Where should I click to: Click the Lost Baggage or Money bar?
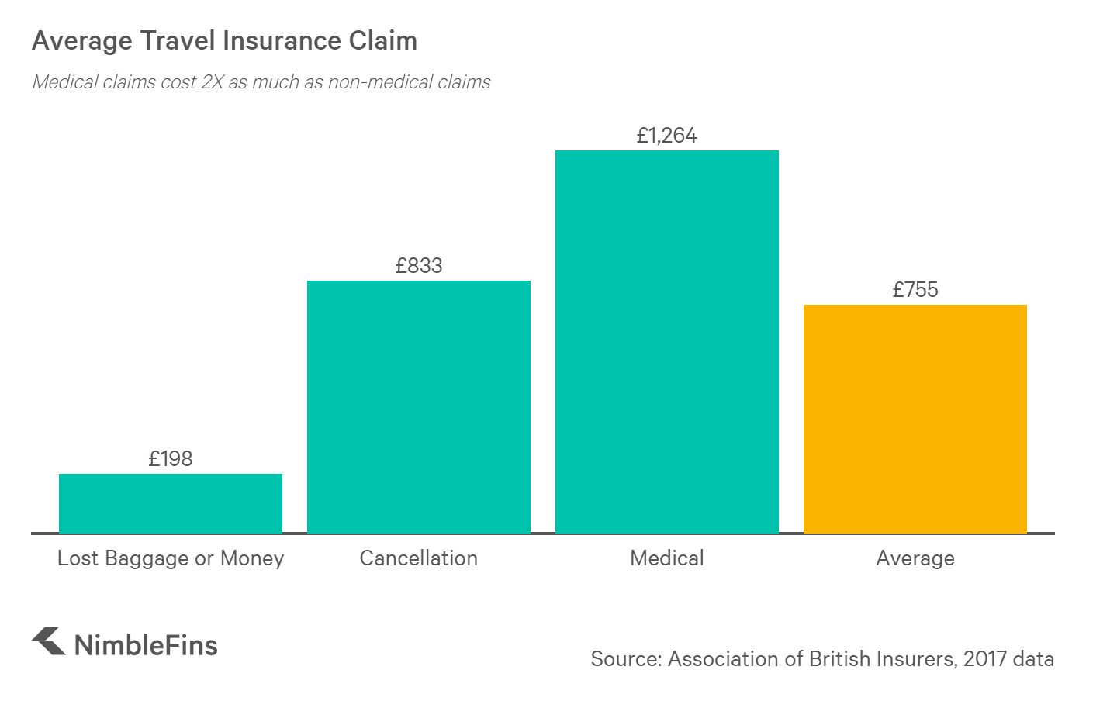[x=171, y=503]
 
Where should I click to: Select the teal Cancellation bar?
[x=419, y=406]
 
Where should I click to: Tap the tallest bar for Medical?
[x=667, y=341]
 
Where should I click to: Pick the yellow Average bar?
[x=915, y=419]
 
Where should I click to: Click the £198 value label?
[x=171, y=459]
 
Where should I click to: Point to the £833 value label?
[x=419, y=266]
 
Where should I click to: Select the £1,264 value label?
[x=667, y=136]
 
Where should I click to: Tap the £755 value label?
[x=915, y=290]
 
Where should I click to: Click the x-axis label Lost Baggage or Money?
[x=171, y=558]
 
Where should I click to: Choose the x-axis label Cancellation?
[x=419, y=558]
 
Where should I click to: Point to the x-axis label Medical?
[x=667, y=558]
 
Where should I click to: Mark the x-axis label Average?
[x=915, y=558]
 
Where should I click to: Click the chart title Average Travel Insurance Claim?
[x=224, y=40]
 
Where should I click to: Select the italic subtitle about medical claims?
[x=261, y=82]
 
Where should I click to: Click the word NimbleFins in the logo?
[x=146, y=645]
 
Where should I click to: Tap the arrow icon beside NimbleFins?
[x=48, y=641]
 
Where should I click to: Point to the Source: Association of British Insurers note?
[x=822, y=659]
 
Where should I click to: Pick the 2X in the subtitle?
[x=212, y=82]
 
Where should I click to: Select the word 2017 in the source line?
[x=985, y=659]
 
